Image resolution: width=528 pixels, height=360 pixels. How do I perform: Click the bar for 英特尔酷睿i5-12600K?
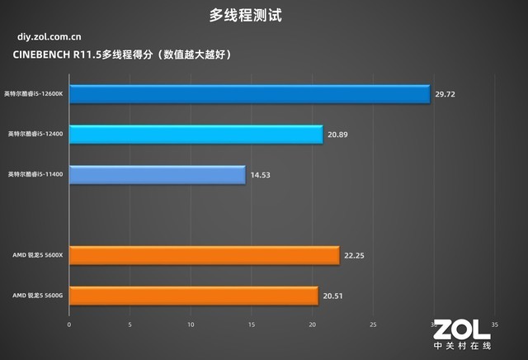tap(249, 94)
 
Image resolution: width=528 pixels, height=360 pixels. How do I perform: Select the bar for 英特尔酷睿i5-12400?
tap(196, 134)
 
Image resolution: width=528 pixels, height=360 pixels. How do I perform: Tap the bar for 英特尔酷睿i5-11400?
tap(157, 174)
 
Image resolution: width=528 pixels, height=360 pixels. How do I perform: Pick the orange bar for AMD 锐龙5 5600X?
tap(204, 255)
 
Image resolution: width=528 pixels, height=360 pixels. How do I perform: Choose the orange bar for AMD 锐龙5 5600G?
tap(193, 295)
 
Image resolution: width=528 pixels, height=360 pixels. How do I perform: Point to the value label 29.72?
tap(445, 94)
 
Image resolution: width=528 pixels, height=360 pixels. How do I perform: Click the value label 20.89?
tap(337, 134)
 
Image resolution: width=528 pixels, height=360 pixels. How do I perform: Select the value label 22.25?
tap(354, 256)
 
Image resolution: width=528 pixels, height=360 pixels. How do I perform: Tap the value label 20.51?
tap(332, 295)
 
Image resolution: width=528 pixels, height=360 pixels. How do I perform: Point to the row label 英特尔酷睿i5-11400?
tap(35, 174)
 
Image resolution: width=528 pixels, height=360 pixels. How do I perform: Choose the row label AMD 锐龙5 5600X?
tap(38, 255)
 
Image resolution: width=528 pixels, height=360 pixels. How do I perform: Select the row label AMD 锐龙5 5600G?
tap(38, 295)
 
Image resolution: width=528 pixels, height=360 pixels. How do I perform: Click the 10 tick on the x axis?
tap(191, 324)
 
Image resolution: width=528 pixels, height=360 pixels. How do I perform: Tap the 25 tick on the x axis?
tap(373, 324)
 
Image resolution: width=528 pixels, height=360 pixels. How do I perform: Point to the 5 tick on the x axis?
tap(130, 324)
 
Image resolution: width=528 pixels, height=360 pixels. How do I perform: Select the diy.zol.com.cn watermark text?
tap(49, 36)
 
